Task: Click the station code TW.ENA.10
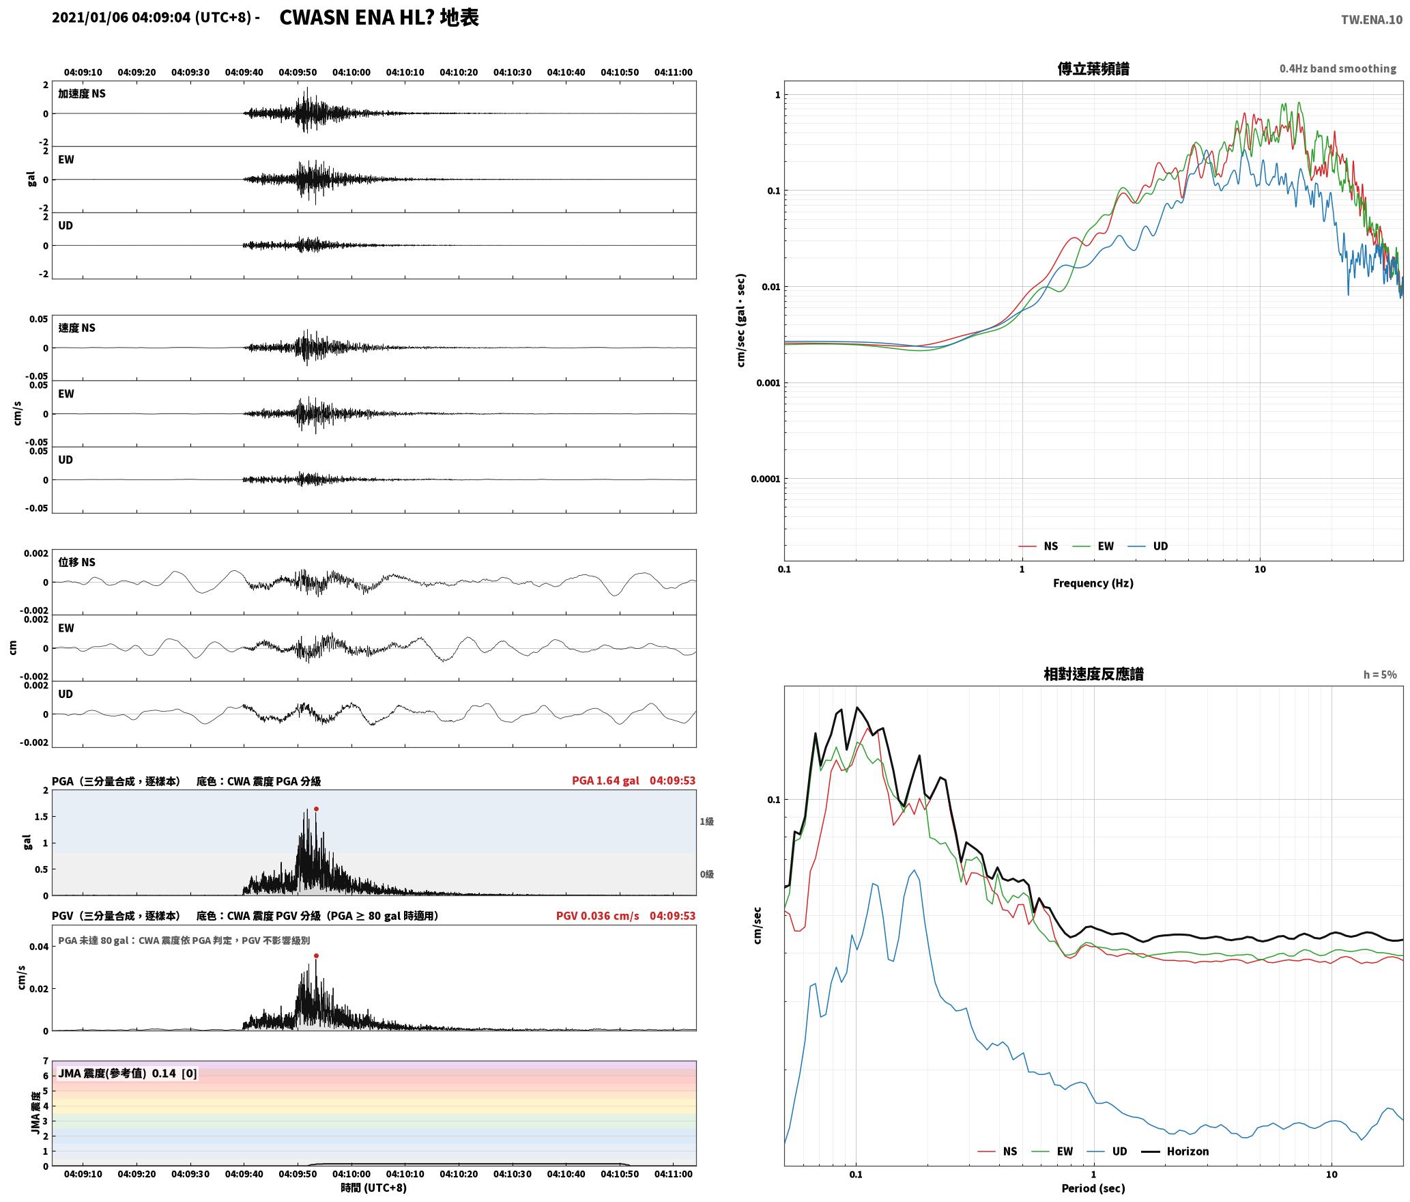(x=1371, y=20)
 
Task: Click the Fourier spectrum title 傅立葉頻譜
(x=1093, y=69)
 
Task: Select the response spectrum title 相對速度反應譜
(x=1093, y=674)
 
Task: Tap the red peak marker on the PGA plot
(x=316, y=809)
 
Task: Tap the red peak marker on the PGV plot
(x=316, y=955)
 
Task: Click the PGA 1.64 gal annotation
(x=605, y=781)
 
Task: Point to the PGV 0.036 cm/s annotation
(x=597, y=916)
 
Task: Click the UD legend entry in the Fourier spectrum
(x=1148, y=546)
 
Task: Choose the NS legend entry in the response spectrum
(x=997, y=1151)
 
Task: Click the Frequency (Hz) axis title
(x=1093, y=583)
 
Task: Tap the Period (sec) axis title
(x=1093, y=1188)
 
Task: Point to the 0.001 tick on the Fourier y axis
(x=768, y=382)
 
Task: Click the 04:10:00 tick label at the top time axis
(x=351, y=72)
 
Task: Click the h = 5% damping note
(x=1380, y=675)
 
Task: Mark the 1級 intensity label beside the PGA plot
(x=706, y=821)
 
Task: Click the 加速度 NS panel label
(x=82, y=94)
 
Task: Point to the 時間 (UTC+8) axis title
(x=374, y=1188)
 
